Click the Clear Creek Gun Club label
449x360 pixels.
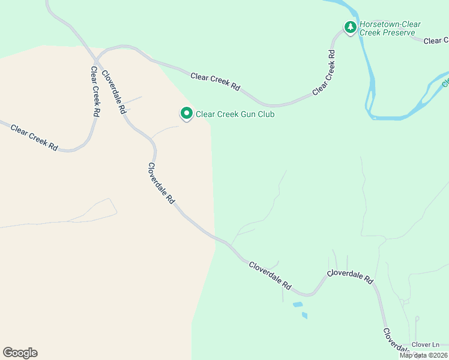[235, 114]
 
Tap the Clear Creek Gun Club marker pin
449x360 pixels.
[186, 113]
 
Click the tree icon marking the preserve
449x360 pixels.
[350, 27]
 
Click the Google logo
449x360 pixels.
[20, 353]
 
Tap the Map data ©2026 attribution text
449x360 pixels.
[424, 355]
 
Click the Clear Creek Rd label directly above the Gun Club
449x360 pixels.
[215, 81]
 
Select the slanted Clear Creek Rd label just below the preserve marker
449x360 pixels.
[323, 72]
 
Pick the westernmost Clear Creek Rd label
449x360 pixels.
[34, 138]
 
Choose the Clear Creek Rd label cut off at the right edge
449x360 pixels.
[436, 41]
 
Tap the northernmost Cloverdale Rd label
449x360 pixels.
[113, 92]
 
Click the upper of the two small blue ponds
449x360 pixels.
[297, 305]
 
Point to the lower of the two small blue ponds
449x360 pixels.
[305, 315]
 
